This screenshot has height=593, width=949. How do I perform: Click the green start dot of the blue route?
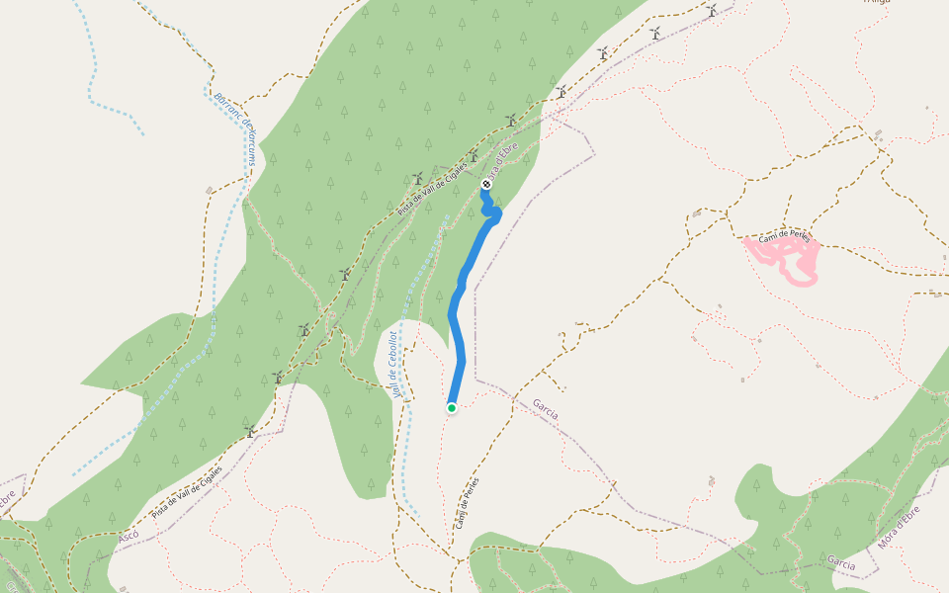[x=452, y=407]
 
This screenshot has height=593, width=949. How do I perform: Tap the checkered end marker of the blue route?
[x=486, y=185]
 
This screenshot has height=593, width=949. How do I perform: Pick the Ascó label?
[x=129, y=535]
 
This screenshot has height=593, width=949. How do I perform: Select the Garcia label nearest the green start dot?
[x=545, y=408]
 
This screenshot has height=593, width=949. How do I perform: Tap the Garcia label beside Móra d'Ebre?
[x=841, y=561]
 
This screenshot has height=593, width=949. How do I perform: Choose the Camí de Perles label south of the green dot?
[x=467, y=503]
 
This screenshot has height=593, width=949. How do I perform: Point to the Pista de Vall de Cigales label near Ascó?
[x=188, y=493]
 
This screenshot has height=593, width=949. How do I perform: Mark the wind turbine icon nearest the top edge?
[x=711, y=10]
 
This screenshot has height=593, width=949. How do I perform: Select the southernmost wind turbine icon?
[x=251, y=431]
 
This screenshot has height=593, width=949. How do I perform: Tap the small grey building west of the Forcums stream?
[x=209, y=190]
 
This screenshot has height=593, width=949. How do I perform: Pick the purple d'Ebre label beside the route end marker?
[x=501, y=159]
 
